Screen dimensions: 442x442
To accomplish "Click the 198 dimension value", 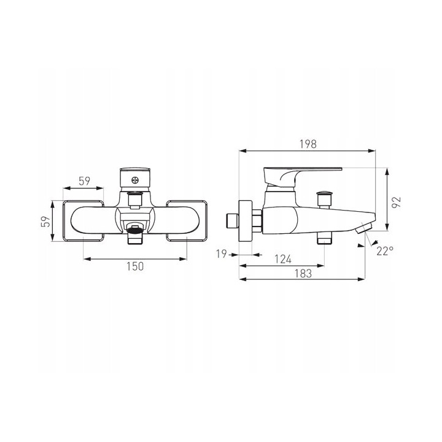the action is (308, 144).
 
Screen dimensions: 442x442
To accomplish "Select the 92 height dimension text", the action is (397, 202).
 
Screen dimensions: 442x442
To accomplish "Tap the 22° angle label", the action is (385, 250).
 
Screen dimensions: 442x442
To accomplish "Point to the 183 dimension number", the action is (303, 273).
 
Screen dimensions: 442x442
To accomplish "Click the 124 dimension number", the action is (283, 259).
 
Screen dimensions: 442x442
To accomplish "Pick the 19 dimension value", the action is (221, 254).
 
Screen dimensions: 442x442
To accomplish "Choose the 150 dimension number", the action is (135, 266).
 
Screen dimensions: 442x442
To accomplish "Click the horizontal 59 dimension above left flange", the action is (84, 181).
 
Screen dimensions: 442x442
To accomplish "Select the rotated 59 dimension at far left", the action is (46, 221).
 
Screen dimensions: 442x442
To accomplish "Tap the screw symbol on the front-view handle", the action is (134, 180).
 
